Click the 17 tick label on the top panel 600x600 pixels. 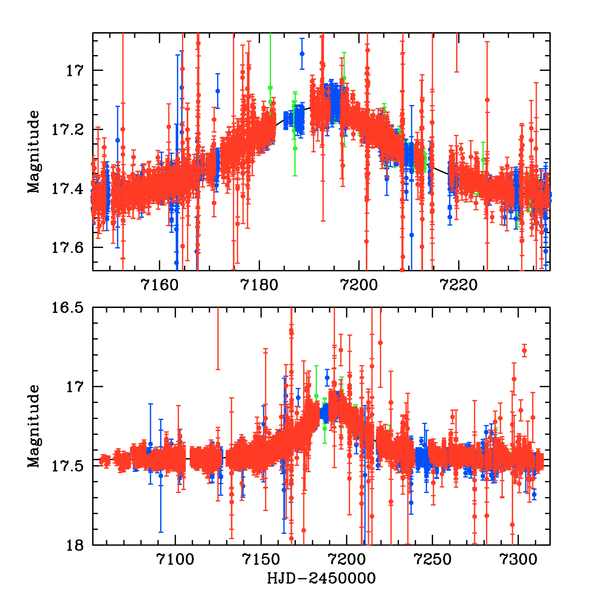(x=74, y=70)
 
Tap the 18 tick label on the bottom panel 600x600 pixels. (x=74, y=545)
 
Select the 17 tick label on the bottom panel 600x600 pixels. (x=74, y=386)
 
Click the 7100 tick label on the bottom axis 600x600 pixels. (x=175, y=560)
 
